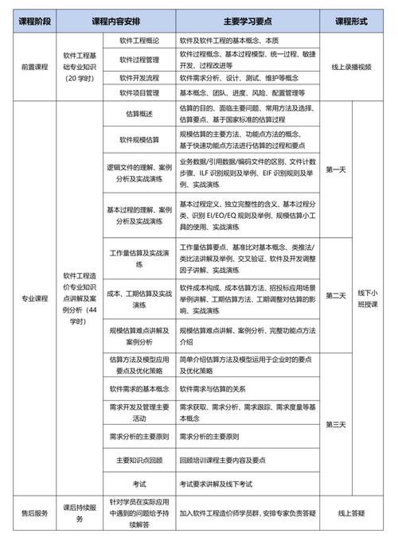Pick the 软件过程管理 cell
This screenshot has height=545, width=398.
(139, 60)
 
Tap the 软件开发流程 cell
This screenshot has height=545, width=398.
(139, 78)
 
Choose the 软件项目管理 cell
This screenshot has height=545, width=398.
(139, 93)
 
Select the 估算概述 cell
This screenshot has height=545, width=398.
(139, 114)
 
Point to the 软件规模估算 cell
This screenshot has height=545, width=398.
(139, 140)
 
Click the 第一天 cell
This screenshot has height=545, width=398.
(335, 169)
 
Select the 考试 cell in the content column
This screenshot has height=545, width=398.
(139, 483)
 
